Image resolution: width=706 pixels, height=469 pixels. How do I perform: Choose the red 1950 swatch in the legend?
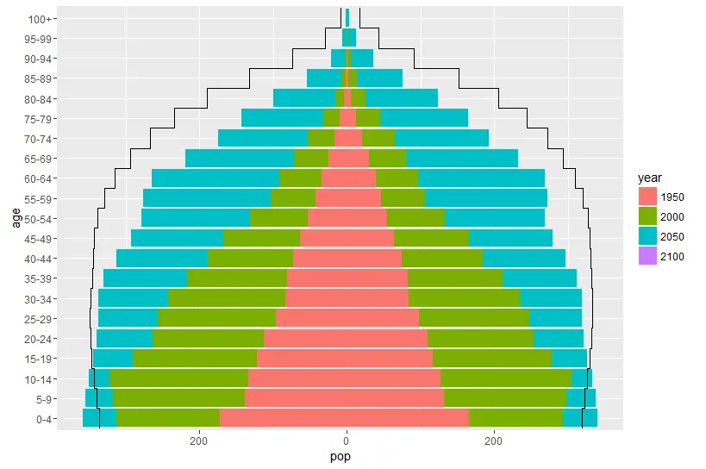click(647, 197)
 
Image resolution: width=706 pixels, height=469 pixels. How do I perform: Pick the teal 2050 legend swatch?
click(647, 236)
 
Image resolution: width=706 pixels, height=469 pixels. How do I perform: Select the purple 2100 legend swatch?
click(647, 256)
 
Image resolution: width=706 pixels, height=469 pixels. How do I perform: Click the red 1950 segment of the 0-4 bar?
click(345, 418)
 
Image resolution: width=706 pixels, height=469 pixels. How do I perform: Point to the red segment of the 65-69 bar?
click(348, 159)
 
